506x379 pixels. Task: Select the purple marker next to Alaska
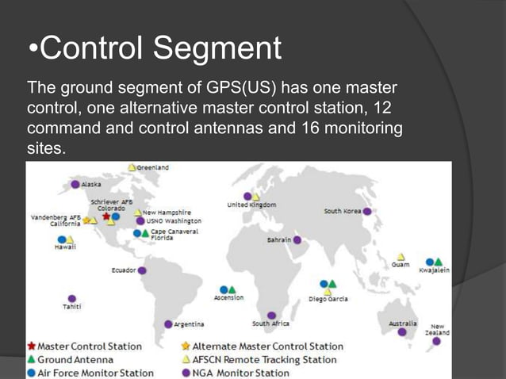75,184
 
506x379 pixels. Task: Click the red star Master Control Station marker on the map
106,216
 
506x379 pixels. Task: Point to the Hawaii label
65,247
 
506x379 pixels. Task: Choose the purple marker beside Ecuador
142,270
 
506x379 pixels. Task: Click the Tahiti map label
72,306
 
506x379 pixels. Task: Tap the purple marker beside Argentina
168,324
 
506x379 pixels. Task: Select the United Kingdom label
252,205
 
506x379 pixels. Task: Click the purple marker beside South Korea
367,212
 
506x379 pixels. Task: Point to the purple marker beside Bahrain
297,239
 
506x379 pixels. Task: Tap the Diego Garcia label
328,299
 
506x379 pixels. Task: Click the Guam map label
401,265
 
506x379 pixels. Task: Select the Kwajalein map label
435,270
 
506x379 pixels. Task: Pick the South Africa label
270,323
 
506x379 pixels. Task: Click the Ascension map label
228,298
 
